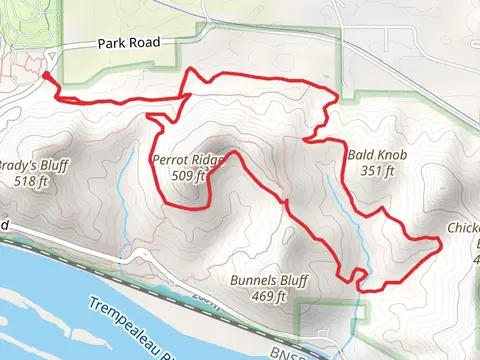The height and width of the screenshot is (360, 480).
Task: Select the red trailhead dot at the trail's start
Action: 47,75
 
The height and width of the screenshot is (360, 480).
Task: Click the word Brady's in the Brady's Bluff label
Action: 17,166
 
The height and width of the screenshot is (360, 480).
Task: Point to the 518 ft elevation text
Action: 31,182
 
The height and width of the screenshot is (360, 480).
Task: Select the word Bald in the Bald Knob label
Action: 361,155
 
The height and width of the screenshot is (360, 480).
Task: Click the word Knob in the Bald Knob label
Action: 390,155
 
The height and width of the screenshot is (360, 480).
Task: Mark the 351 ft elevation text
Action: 378,171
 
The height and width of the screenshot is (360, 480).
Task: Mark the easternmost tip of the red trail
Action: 441,241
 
